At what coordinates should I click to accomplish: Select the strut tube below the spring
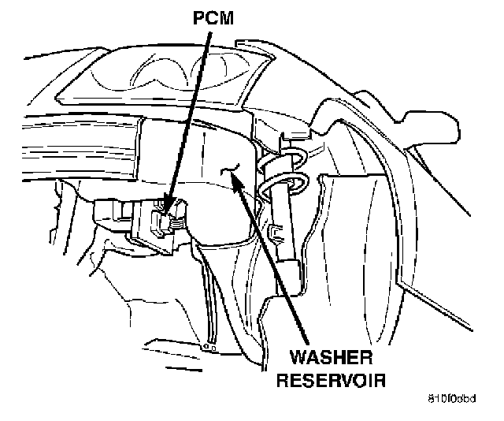[287, 237]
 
